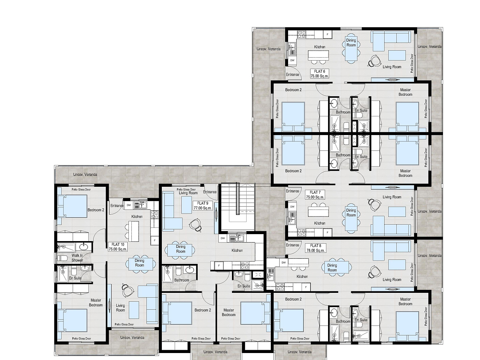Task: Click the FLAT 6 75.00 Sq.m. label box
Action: pyautogui.click(x=320, y=74)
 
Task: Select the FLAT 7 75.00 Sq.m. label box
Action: pyautogui.click(x=315, y=194)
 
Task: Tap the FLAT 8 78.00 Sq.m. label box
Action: pyautogui.click(x=315, y=248)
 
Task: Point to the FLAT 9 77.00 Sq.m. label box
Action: pyautogui.click(x=203, y=206)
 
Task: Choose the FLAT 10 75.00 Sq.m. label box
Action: pyautogui.click(x=118, y=247)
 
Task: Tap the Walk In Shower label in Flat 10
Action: pyautogui.click(x=77, y=258)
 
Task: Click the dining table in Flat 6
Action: pyautogui.click(x=351, y=49)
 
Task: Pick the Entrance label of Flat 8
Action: pyautogui.click(x=292, y=245)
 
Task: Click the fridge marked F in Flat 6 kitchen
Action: pyautogui.click(x=328, y=34)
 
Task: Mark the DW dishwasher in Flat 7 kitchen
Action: pyautogui.click(x=292, y=207)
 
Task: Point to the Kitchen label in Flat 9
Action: pyautogui.click(x=237, y=250)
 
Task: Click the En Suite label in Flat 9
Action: pyautogui.click(x=244, y=286)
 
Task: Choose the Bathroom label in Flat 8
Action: pyautogui.click(x=343, y=321)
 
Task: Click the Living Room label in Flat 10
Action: pyautogui.click(x=120, y=308)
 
